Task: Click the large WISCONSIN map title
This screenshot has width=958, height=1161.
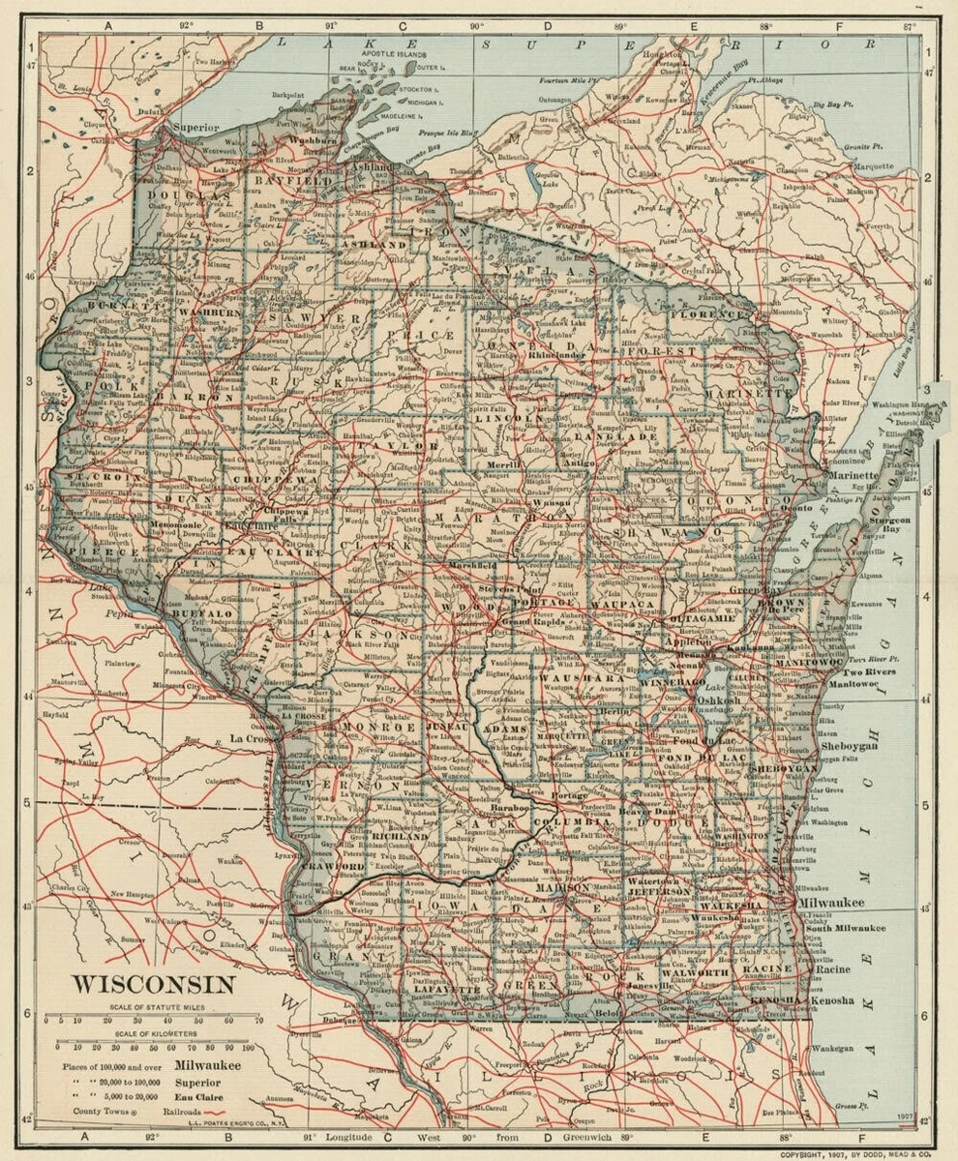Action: [x=154, y=985]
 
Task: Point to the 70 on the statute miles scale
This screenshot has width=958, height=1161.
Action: [x=258, y=1020]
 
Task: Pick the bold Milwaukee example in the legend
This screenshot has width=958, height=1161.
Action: [x=208, y=1064]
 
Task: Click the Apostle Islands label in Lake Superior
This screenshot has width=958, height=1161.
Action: [x=394, y=56]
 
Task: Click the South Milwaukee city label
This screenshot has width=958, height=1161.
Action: [x=846, y=927]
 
